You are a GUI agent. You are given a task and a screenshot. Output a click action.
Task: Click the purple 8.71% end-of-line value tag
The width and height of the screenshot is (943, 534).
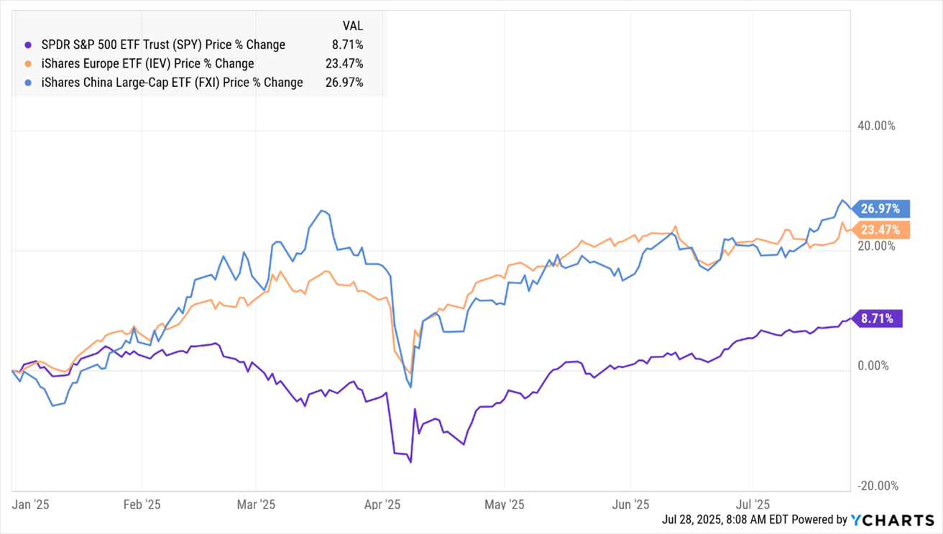(878, 318)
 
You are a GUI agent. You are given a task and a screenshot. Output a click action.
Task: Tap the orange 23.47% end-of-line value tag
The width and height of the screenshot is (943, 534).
(883, 230)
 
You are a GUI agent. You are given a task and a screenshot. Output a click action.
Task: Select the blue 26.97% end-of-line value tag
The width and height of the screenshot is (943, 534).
(883, 208)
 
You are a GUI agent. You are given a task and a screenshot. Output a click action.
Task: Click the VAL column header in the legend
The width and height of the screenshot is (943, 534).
(352, 26)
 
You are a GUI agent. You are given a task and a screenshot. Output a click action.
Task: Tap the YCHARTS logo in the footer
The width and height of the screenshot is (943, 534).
(892, 520)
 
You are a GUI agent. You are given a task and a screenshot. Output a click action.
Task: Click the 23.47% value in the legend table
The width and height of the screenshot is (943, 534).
(344, 63)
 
